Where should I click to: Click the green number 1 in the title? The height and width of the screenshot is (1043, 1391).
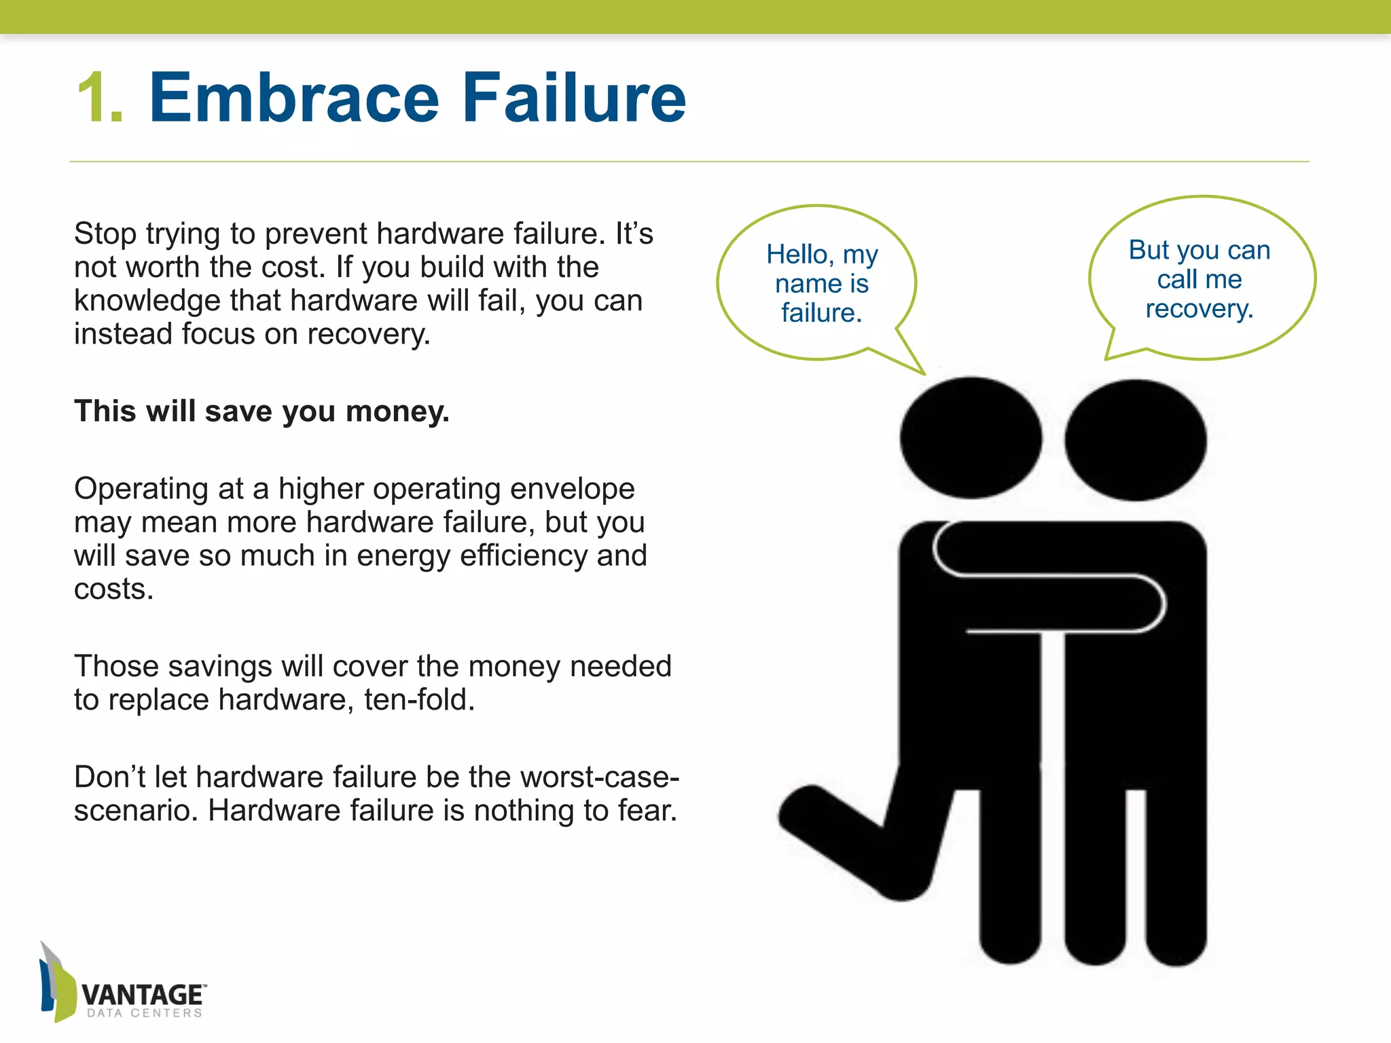(99, 98)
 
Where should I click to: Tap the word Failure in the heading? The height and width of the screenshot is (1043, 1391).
(574, 98)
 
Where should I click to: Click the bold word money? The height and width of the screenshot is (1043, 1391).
(397, 412)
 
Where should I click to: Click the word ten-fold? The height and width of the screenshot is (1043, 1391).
(419, 700)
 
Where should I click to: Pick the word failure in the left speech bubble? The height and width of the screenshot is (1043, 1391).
(821, 313)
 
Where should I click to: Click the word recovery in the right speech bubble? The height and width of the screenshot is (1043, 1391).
(1199, 309)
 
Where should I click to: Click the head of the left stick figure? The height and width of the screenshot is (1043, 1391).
(971, 438)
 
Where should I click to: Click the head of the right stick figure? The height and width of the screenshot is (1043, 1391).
(1135, 440)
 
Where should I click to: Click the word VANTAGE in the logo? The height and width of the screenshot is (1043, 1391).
(142, 995)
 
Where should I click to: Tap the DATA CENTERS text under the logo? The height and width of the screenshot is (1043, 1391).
(144, 1013)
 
